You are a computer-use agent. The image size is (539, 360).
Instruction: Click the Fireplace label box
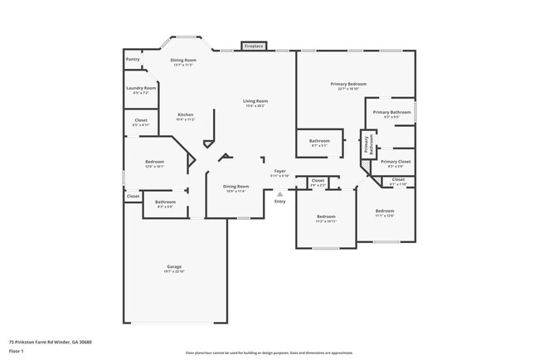(254, 46)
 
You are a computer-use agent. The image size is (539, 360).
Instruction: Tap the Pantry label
(133, 60)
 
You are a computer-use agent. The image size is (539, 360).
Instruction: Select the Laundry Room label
(141, 88)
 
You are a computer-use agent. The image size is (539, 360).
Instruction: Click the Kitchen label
(185, 114)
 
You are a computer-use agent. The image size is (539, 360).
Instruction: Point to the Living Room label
(256, 101)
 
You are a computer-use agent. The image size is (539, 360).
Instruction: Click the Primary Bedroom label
(352, 84)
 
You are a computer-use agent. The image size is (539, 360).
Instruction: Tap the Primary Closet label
(396, 162)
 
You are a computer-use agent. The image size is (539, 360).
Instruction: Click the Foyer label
(279, 171)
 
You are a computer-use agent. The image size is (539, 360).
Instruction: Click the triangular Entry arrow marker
(279, 194)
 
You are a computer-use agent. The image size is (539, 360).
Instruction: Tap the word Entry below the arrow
(279, 202)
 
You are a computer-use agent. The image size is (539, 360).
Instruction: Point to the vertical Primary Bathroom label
(366, 144)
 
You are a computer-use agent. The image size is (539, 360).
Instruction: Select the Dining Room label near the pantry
(183, 60)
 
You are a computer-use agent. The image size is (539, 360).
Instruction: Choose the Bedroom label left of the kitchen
(155, 162)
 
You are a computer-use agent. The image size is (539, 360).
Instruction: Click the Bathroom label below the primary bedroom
(319, 141)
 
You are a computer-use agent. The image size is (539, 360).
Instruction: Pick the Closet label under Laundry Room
(141, 120)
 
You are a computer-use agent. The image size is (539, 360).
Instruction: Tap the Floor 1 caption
(16, 351)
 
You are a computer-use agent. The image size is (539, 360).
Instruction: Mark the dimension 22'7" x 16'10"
(352, 89)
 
